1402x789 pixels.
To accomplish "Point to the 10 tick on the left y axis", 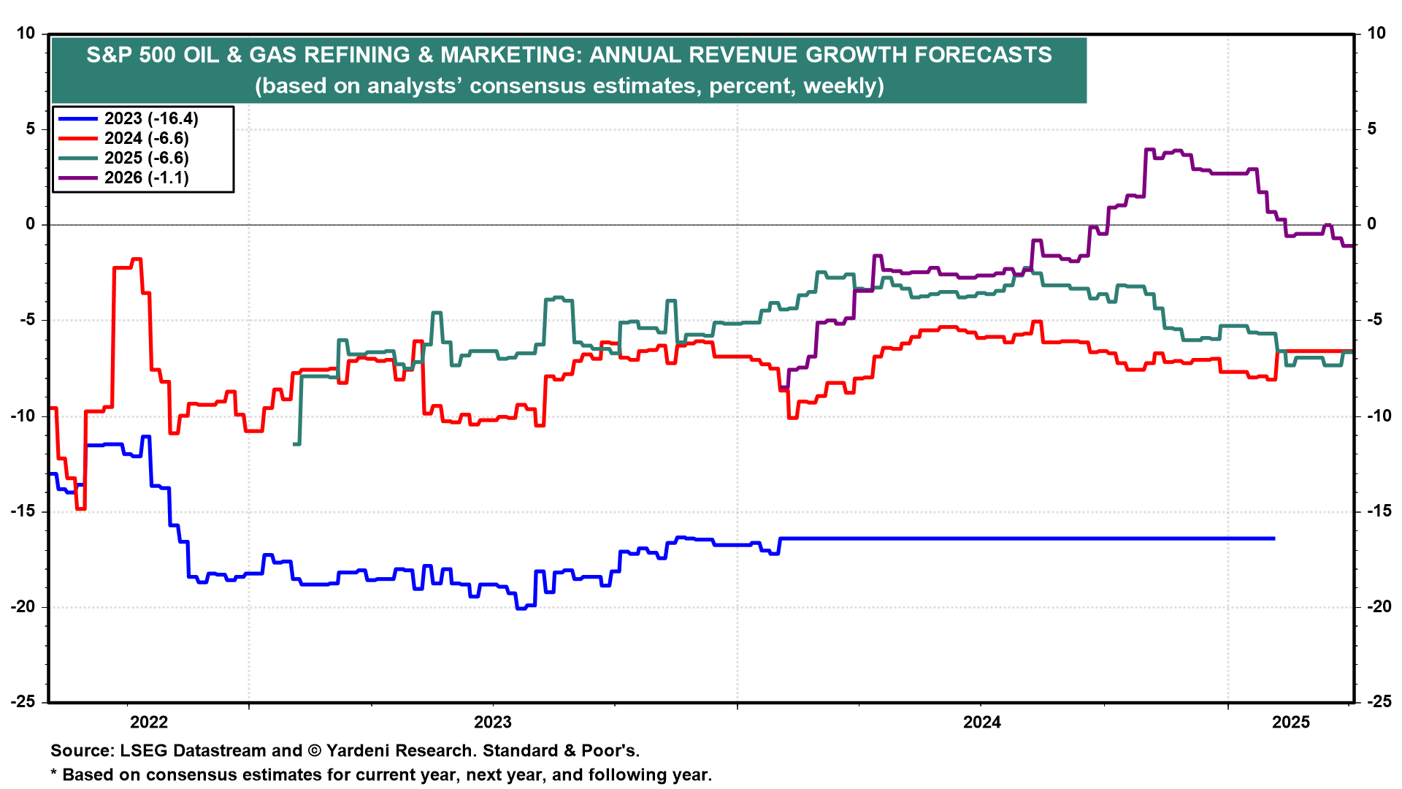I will pos(26,34).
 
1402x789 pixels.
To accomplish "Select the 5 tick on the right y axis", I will pos(1371,129).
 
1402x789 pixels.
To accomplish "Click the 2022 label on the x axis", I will pos(149,723).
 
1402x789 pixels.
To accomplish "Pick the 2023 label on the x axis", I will pos(493,723).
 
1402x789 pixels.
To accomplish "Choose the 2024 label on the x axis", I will pos(982,723).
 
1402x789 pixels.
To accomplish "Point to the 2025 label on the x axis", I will pos(1291,723).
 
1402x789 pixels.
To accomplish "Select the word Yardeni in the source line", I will pos(362,750).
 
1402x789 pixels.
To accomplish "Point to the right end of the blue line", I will pos(1274,538).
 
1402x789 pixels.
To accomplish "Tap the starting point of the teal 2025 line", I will pos(295,443).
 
